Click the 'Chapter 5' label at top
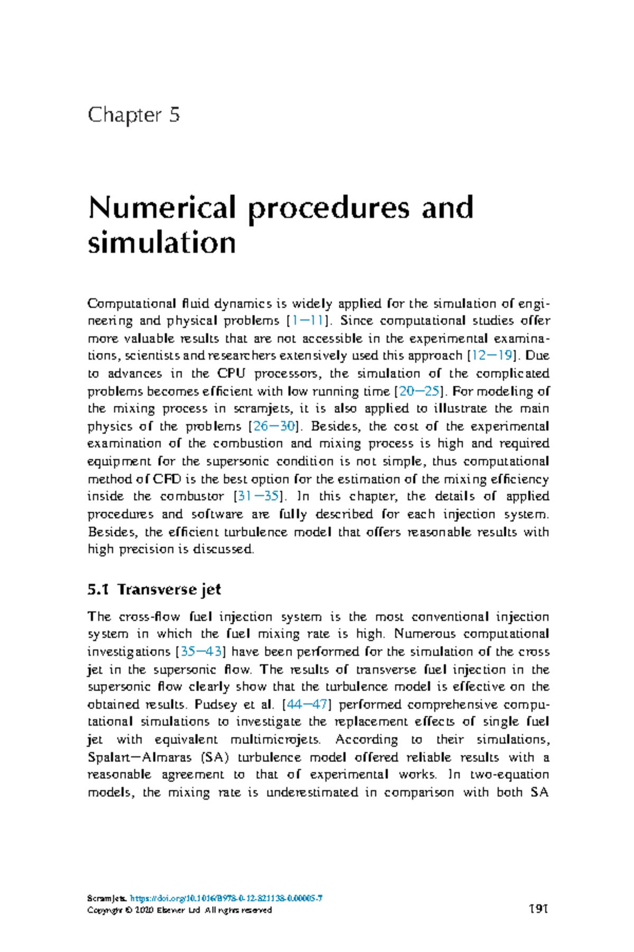[x=134, y=115]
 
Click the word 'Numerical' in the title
[x=162, y=208]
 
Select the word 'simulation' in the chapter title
[x=162, y=243]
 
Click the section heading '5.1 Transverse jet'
[x=154, y=589]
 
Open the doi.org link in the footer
[x=226, y=899]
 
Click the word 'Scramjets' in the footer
[x=107, y=899]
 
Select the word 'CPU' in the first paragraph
[x=231, y=373]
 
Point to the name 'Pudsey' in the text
[x=213, y=704]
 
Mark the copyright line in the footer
[x=180, y=910]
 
